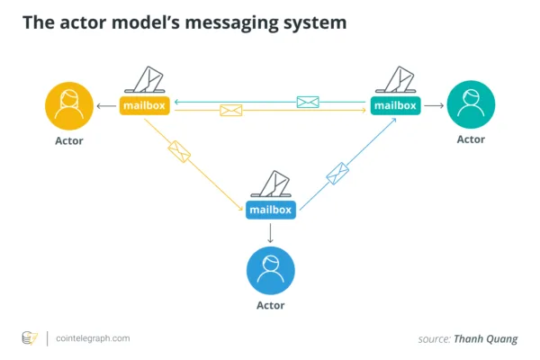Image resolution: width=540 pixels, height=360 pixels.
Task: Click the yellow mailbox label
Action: tap(145, 105)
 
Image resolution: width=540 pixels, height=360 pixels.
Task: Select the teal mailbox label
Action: tap(395, 105)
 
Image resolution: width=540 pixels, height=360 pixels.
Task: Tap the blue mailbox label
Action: tap(271, 210)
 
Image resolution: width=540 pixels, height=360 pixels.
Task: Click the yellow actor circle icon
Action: tap(69, 106)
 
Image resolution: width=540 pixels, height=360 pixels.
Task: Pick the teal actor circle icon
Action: tap(471, 104)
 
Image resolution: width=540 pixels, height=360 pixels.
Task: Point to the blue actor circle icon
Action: tap(271, 270)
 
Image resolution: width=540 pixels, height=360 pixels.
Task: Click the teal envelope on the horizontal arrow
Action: tap(308, 102)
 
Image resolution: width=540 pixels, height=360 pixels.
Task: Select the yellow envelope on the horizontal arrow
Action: tap(230, 110)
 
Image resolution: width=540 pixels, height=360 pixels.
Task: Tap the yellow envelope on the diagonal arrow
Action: tap(179, 151)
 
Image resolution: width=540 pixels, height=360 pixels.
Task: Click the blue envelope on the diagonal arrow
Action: tap(337, 174)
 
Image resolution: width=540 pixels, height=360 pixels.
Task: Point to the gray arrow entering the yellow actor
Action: tap(106, 106)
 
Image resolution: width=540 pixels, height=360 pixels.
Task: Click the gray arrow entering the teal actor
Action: tap(434, 105)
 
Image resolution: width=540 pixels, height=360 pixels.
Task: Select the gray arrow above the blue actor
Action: tap(270, 233)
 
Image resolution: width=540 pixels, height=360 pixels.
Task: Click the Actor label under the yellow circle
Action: tap(69, 141)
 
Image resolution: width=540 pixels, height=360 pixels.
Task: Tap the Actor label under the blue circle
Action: tap(271, 306)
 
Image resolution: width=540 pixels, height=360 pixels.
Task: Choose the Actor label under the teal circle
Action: tap(471, 139)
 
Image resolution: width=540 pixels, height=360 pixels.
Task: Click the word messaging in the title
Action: tap(232, 23)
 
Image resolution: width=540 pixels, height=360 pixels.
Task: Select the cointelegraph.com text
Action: tap(93, 338)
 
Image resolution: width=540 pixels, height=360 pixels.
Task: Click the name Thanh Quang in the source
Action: tap(486, 339)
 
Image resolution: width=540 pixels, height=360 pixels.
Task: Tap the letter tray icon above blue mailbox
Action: tap(271, 184)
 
